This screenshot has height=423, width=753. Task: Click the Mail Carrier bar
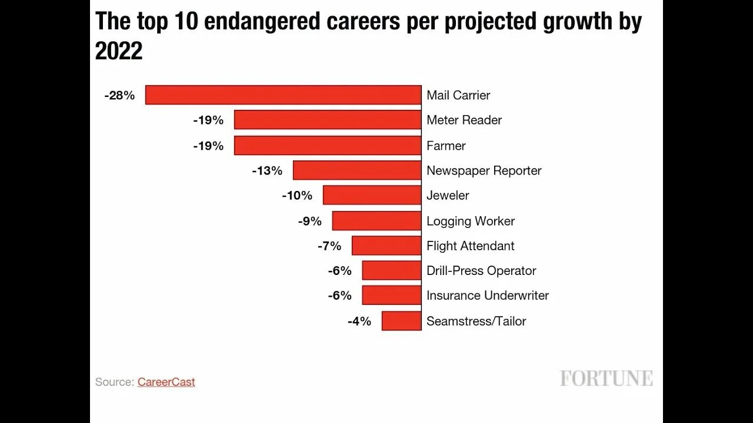(283, 95)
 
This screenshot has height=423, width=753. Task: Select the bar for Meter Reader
(328, 120)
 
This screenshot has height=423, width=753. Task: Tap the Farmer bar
(328, 146)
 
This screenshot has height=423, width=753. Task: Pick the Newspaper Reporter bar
(357, 170)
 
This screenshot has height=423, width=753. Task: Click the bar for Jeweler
(372, 195)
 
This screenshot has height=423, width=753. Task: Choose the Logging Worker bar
(376, 221)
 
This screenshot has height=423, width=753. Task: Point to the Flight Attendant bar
(387, 246)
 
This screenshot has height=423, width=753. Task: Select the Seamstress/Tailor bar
(401, 321)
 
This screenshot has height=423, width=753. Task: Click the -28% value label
(119, 95)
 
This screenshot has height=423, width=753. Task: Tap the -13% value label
(267, 170)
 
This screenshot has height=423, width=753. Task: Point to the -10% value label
(297, 195)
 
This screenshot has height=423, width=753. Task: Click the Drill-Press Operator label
(481, 271)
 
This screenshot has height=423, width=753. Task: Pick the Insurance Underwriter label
(488, 296)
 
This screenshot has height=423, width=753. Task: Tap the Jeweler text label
(448, 195)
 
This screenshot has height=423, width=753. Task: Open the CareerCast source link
(166, 382)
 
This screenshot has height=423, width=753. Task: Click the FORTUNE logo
(606, 378)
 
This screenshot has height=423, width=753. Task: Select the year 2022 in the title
(119, 52)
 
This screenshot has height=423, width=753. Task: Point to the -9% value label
(309, 221)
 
